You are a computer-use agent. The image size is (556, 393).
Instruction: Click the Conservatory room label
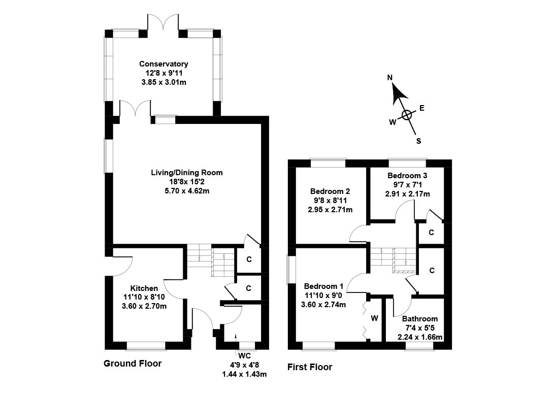click(163, 64)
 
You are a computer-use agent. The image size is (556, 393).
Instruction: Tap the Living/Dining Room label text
click(186, 173)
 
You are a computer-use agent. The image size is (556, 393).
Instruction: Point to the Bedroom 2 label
click(330, 191)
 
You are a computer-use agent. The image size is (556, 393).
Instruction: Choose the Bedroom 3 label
click(407, 176)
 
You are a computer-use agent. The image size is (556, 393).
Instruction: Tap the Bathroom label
click(419, 319)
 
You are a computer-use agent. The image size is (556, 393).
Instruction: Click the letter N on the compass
click(390, 78)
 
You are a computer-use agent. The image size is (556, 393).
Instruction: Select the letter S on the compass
click(418, 141)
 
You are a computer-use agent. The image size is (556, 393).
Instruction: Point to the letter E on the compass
click(421, 108)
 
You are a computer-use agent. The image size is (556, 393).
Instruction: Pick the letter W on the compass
click(392, 122)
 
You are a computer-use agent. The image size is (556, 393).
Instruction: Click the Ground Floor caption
click(133, 364)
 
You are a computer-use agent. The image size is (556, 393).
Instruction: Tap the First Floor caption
click(310, 367)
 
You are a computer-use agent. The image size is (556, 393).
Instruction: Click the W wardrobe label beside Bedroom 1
click(375, 318)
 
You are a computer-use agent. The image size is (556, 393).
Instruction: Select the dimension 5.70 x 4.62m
click(186, 191)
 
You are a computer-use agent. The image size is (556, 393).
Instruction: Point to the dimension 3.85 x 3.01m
click(163, 82)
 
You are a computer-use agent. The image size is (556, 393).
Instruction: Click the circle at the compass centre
click(407, 115)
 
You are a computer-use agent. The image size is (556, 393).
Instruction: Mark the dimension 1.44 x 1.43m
click(245, 375)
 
